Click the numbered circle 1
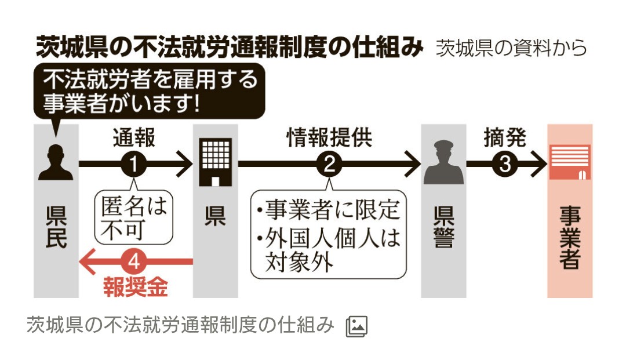[134, 164]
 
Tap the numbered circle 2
[329, 164]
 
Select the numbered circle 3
[505, 164]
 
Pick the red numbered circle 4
[134, 262]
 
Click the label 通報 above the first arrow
[134, 138]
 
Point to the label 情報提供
[329, 138]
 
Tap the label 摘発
[505, 138]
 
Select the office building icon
[216, 162]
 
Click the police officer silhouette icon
[443, 162]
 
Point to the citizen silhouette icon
[56, 162]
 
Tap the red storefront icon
[570, 162]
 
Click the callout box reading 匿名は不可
[134, 217]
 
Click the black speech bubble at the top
[150, 91]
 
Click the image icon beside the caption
[356, 326]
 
